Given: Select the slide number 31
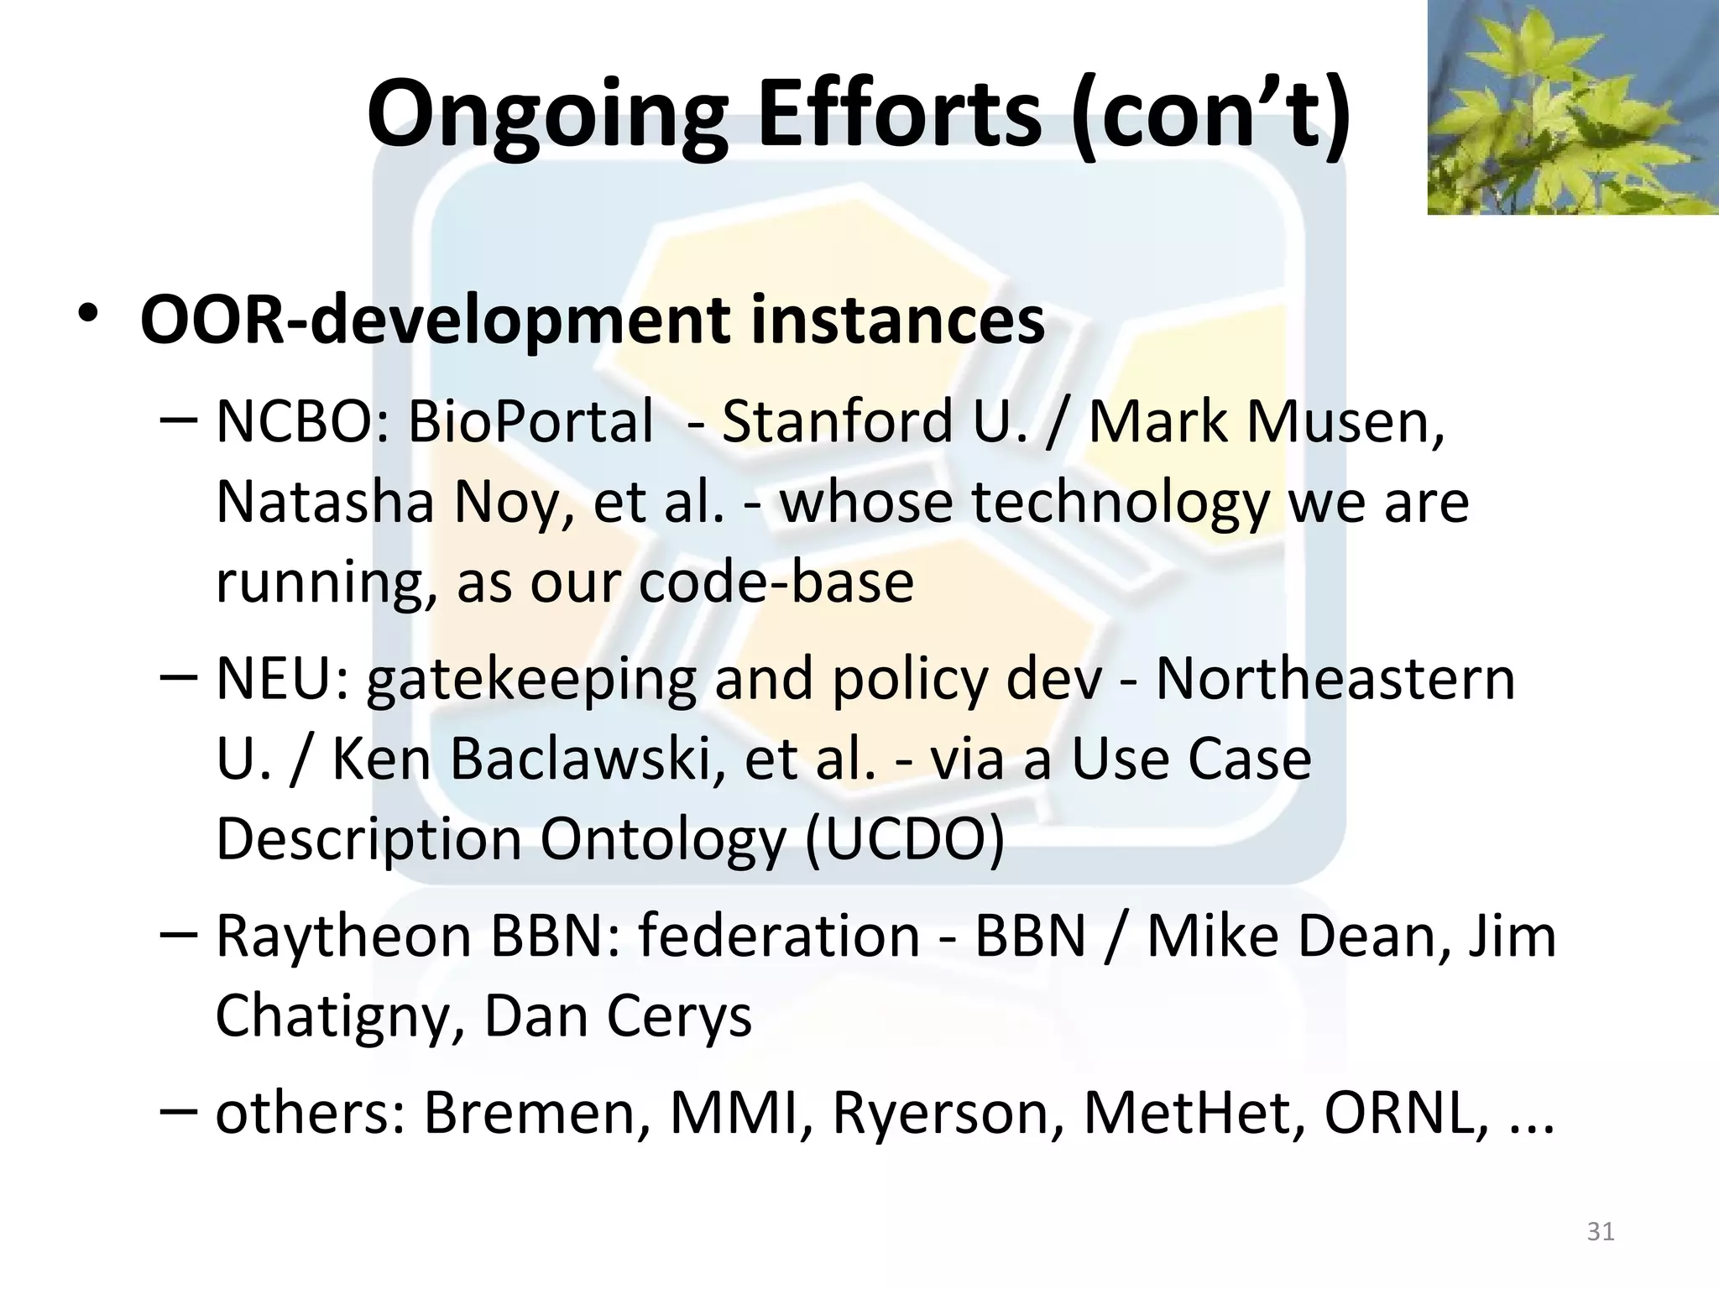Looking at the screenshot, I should (x=1601, y=1231).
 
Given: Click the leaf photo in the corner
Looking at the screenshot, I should (x=1572, y=107).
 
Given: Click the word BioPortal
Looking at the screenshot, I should (x=530, y=420).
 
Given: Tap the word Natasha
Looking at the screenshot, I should (x=324, y=501).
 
